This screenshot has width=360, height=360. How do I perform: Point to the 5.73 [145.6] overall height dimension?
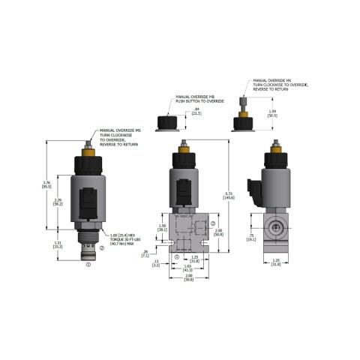point(229,197)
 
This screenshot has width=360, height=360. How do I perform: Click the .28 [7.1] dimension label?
point(155,253)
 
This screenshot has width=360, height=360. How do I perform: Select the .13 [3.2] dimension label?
point(155,262)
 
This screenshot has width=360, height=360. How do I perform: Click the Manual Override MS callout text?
point(116,136)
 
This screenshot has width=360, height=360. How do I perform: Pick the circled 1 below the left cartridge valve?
point(88,264)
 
